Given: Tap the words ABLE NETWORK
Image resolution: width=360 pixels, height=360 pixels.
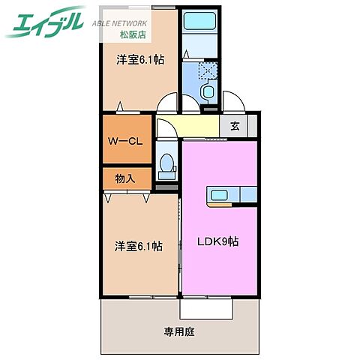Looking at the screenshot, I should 119,22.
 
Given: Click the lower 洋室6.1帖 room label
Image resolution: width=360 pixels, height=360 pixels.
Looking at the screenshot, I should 138,245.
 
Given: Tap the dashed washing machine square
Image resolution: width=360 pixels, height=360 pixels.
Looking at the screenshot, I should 206,71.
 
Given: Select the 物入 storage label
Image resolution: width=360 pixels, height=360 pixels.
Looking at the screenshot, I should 124,178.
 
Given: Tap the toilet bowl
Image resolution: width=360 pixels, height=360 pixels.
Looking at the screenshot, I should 167,164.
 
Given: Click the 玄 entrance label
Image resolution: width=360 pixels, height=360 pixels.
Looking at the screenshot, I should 235,125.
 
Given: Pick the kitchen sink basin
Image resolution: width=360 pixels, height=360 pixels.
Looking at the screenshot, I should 220,196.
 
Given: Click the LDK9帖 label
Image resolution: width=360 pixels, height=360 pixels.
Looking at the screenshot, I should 218,243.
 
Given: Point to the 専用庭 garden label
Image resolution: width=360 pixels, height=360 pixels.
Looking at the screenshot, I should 179,331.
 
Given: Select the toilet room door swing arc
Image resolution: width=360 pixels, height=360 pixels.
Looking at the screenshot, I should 166,129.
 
